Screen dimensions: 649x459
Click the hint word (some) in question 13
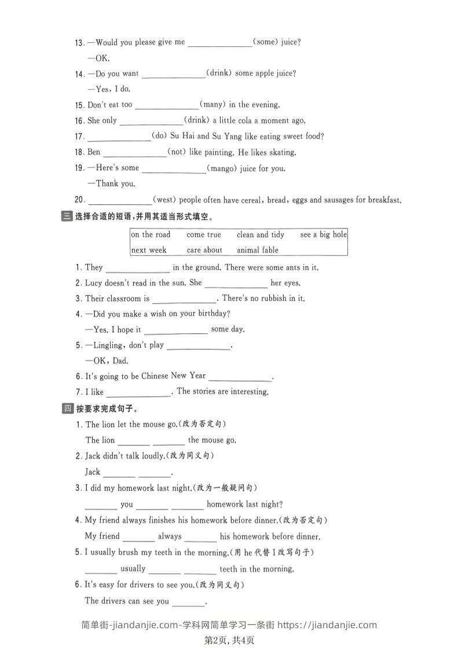[266, 42]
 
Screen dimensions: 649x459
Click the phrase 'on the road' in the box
[150, 235]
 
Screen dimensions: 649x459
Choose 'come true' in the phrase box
[204, 235]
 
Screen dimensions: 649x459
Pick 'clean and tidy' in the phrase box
[260, 235]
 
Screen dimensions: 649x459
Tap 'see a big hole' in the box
[324, 235]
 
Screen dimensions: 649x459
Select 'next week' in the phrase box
[149, 250]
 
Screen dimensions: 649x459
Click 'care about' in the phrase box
[204, 250]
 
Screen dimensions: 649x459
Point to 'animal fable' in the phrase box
[258, 250]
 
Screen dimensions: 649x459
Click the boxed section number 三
[65, 217]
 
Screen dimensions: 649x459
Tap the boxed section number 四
[65, 409]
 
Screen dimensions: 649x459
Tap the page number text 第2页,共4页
[230, 640]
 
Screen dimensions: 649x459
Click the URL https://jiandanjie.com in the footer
[328, 625]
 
